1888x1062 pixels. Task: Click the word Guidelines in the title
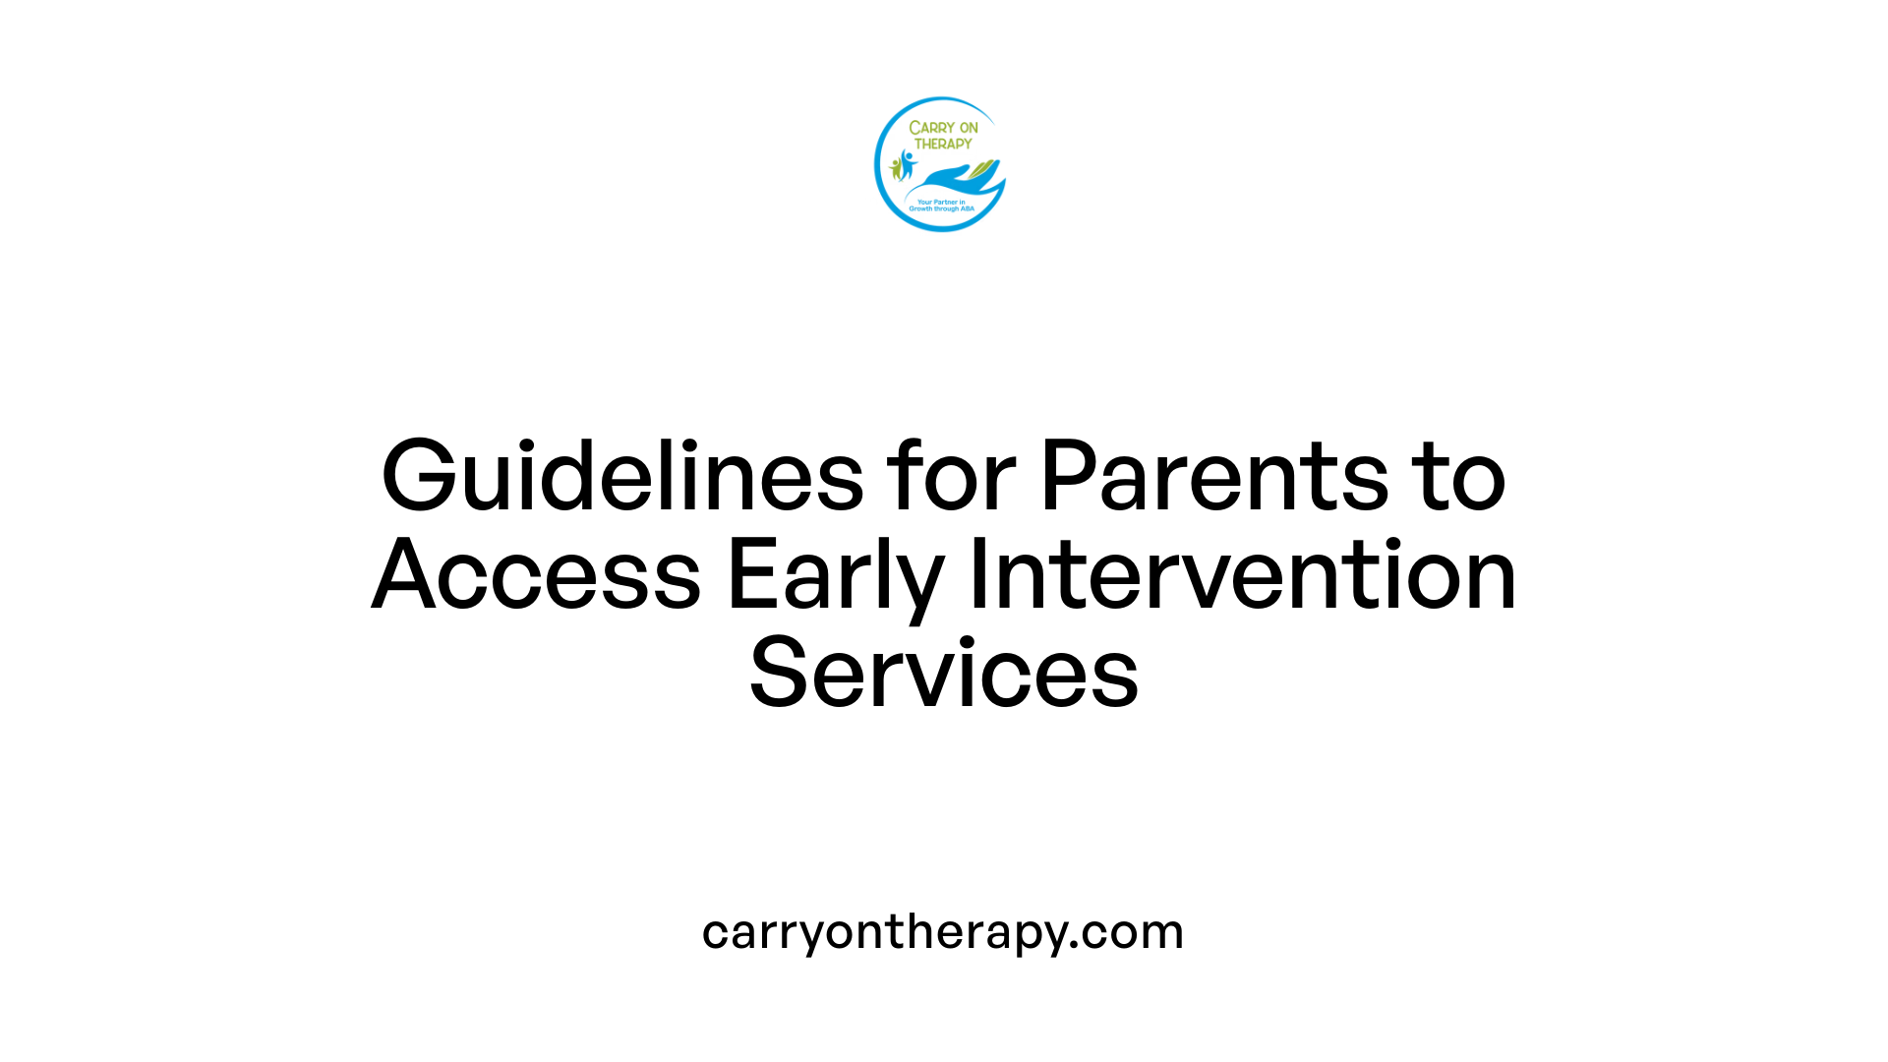tap(622, 478)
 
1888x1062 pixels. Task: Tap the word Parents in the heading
tap(1213, 478)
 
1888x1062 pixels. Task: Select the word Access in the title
tap(537, 576)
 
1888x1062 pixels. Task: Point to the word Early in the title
tap(835, 578)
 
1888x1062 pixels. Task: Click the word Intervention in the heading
tap(1243, 576)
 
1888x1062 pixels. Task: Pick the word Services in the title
tap(944, 675)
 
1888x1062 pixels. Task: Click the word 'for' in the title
tap(951, 478)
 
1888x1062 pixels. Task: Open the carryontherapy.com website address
tap(943, 932)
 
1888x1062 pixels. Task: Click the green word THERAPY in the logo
tap(943, 144)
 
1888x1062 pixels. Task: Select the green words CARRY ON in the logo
tap(943, 128)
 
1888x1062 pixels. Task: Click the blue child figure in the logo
tap(908, 163)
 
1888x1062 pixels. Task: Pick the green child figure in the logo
tap(896, 168)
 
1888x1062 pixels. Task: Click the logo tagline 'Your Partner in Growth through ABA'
tap(941, 206)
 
